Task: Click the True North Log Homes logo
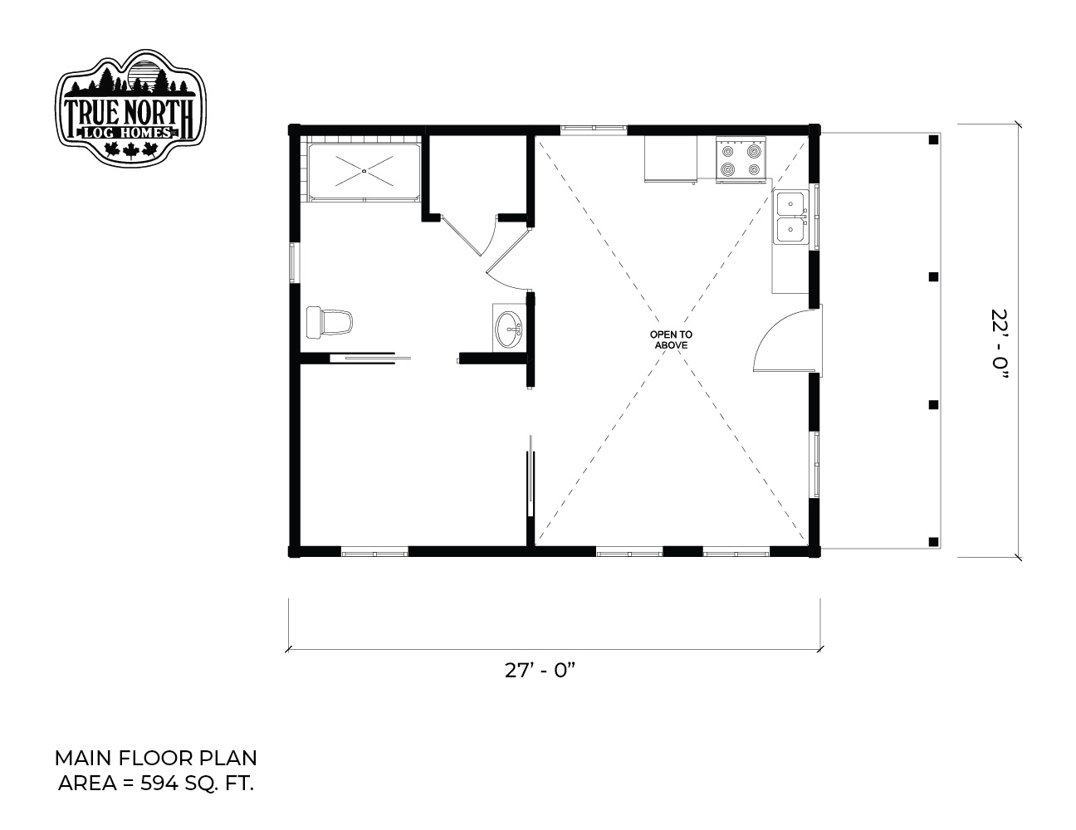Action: coord(130,108)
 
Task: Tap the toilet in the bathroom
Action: coord(329,322)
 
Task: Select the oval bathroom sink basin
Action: coord(509,330)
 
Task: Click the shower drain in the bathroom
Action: coord(364,171)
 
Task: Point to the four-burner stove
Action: coord(741,159)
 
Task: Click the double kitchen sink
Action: coord(790,217)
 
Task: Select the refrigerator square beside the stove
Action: coord(671,159)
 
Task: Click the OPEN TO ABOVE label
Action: coord(671,340)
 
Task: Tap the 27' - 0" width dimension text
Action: coord(540,671)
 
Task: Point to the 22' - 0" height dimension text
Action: coord(1000,345)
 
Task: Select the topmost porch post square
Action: coord(933,140)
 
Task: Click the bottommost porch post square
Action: coord(933,541)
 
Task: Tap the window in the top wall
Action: coord(593,129)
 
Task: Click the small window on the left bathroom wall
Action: coord(294,262)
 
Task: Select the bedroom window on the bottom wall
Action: coord(374,552)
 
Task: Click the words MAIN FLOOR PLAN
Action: coord(155,759)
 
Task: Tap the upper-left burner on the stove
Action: coord(727,150)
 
